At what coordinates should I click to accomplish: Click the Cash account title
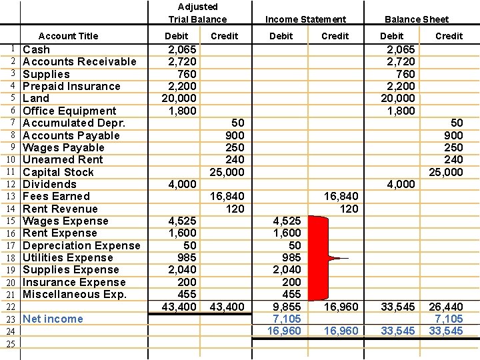[37, 49]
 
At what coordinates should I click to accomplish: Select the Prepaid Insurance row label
[71, 86]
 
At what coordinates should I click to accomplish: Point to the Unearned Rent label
[63, 159]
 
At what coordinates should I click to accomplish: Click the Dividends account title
[49, 184]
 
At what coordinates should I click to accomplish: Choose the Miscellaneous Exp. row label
[75, 294]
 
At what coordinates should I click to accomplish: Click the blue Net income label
[53, 319]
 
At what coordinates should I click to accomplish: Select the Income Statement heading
[305, 19]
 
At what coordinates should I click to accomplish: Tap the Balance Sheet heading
[417, 19]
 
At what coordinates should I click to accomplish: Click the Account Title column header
[68, 36]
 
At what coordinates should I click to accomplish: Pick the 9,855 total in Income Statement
[285, 307]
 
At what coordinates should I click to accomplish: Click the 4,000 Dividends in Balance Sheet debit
[401, 184]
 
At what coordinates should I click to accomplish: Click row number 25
[10, 344]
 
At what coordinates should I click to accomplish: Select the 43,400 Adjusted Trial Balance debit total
[179, 307]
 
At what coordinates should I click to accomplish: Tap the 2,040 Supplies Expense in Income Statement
[285, 269]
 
